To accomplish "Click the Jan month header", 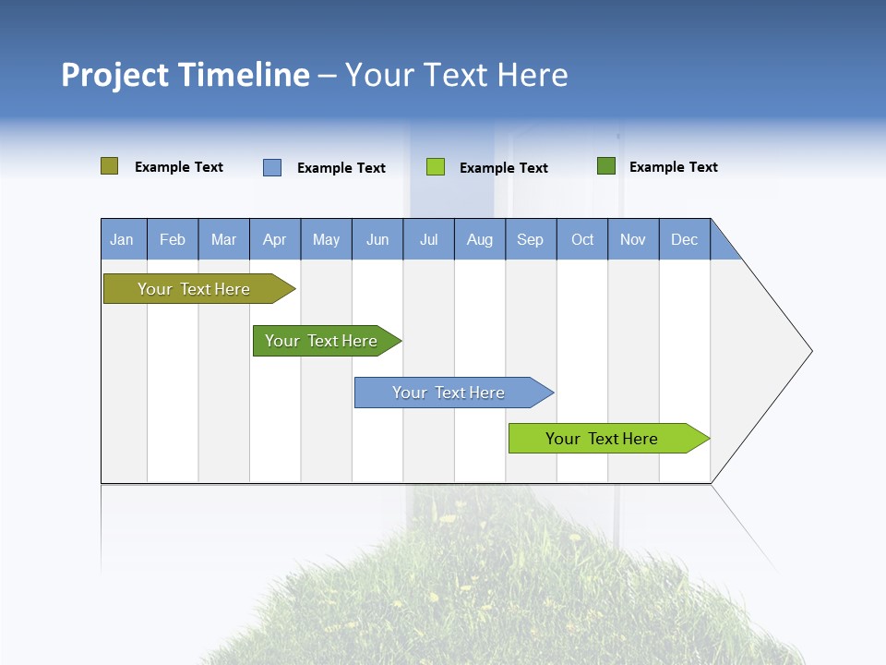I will click(x=122, y=239).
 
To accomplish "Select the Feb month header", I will click(x=173, y=239).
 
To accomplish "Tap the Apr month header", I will click(x=275, y=239).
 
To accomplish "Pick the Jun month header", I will click(x=377, y=239).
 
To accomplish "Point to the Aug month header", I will click(x=480, y=239).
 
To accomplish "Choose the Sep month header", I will click(x=531, y=239).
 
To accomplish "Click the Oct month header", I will click(x=582, y=239).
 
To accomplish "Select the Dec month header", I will click(x=685, y=239).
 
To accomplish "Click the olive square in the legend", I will click(x=110, y=166).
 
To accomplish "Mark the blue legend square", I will click(x=272, y=167).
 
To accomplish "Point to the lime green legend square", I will click(x=436, y=167).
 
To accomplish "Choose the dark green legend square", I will click(x=606, y=166).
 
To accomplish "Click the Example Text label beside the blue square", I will click(x=341, y=168).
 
